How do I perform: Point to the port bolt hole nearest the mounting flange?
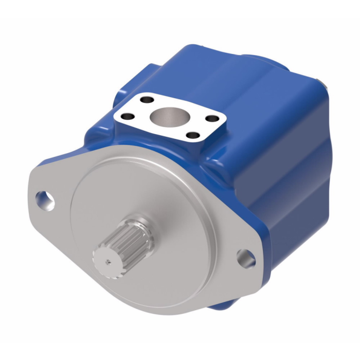[x=193, y=136]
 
